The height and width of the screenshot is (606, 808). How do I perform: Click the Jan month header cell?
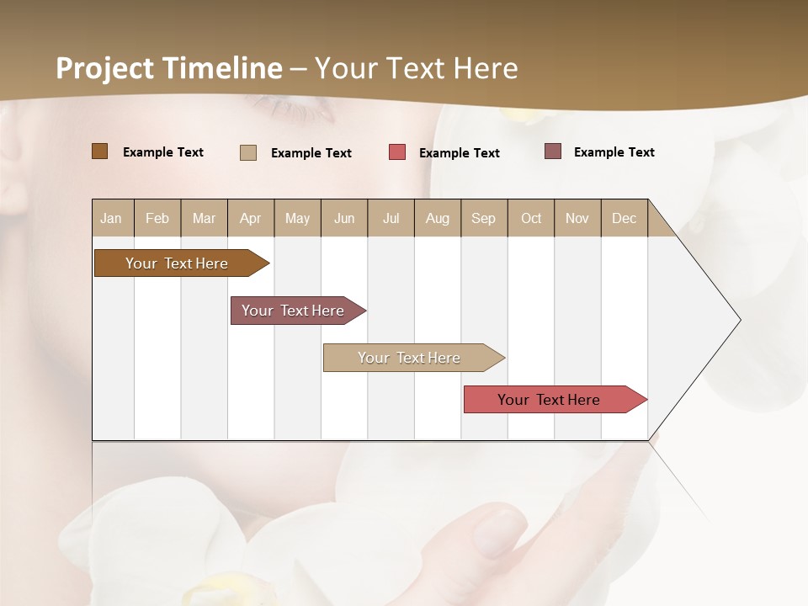tap(112, 218)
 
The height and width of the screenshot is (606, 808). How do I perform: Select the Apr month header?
tap(250, 218)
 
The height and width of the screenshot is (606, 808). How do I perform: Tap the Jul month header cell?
tap(391, 218)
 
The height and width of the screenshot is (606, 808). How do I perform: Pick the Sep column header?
tap(483, 218)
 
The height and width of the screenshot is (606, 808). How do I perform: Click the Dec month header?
tap(624, 218)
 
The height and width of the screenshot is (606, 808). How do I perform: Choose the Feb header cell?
tap(157, 218)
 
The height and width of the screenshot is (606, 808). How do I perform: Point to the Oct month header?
tap(531, 218)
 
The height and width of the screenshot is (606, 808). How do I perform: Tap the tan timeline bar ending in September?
tap(410, 358)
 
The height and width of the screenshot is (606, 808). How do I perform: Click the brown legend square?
tap(99, 151)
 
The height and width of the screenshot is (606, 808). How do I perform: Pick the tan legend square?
tap(247, 152)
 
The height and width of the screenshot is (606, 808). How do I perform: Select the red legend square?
tap(396, 152)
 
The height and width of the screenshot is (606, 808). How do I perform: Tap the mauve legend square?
tap(552, 151)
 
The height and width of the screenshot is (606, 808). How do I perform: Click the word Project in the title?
tap(104, 68)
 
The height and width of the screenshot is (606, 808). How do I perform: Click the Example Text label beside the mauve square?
tap(614, 151)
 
